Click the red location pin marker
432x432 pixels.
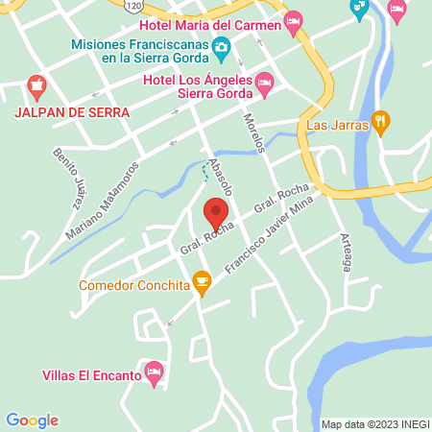[x=215, y=213]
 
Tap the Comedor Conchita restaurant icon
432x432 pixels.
[x=201, y=280]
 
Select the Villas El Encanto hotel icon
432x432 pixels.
[x=152, y=371]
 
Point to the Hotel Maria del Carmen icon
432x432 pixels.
[x=294, y=20]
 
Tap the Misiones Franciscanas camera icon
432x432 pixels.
[x=222, y=46]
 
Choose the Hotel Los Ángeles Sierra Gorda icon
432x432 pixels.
[x=265, y=87]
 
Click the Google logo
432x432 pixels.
[x=32, y=420]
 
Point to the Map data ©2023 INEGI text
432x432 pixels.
[x=372, y=424]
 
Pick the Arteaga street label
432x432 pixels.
[x=347, y=252]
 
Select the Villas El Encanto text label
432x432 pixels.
[x=91, y=375]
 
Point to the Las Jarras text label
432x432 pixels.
[x=336, y=125]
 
